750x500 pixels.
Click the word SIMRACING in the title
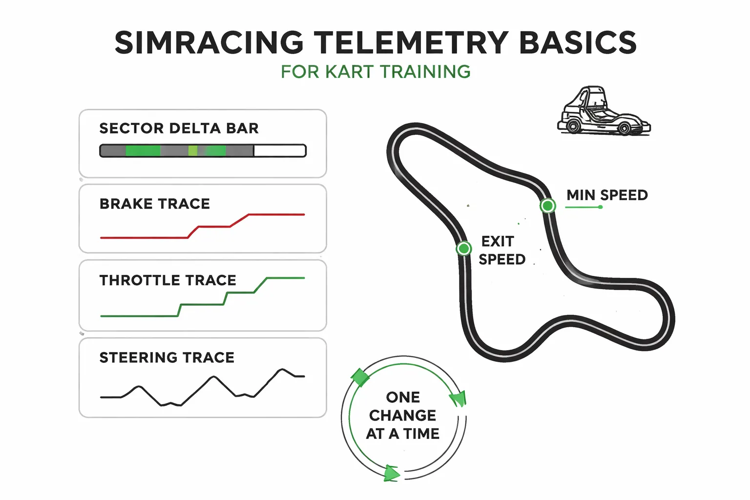pos(209,42)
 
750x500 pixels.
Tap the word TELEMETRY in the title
pos(411,42)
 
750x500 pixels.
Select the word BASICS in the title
pos(578,42)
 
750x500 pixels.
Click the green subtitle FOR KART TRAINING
pos(375,72)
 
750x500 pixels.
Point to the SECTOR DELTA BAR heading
pos(179,128)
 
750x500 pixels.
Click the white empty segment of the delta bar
pos(279,150)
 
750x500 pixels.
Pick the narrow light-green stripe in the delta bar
pos(193,150)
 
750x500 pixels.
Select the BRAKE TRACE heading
pos(154,204)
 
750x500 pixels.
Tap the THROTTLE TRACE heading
pos(167,280)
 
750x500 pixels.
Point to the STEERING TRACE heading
pos(167,357)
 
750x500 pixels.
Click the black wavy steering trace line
pos(213,377)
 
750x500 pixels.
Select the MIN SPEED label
pos(606,195)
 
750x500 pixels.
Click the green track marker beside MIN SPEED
pos(548,206)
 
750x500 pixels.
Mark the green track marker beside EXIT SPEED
pos(463,249)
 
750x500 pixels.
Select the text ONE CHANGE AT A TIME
pos(403,416)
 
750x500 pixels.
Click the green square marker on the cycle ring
pos(360,377)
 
